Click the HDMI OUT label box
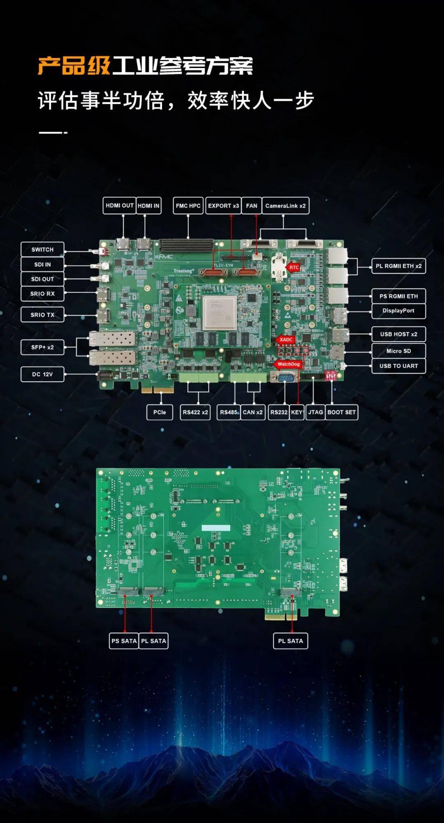[x=119, y=206]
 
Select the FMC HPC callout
[x=188, y=206]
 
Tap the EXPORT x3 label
[x=223, y=206]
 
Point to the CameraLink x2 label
[x=285, y=206]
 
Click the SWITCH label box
[x=42, y=250]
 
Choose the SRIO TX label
[x=42, y=315]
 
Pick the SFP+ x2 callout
[x=42, y=347]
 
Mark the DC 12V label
[x=42, y=374]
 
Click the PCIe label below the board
[x=160, y=412]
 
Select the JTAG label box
[x=315, y=412]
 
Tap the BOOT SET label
[x=341, y=412]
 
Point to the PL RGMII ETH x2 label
[x=398, y=266]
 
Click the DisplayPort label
[x=398, y=311]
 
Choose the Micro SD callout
[x=398, y=351]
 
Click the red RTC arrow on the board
[x=293, y=267]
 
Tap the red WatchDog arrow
[x=287, y=364]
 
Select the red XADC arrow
[x=285, y=340]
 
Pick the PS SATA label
[x=124, y=641]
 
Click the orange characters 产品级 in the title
[x=74, y=66]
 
